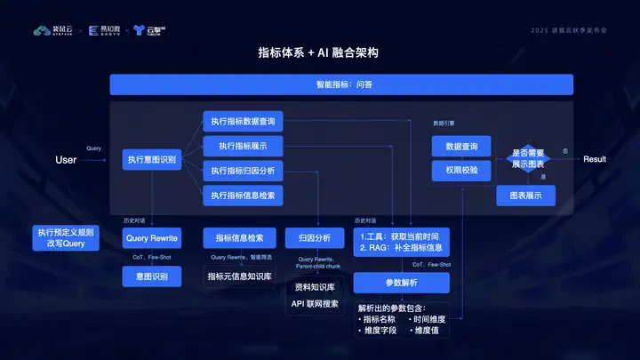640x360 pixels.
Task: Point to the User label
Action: pyautogui.click(x=66, y=160)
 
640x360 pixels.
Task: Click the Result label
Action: pyautogui.click(x=595, y=159)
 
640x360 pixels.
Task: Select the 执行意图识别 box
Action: pyautogui.click(x=152, y=160)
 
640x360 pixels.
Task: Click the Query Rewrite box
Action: pyautogui.click(x=152, y=238)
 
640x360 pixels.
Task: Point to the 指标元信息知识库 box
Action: pyautogui.click(x=239, y=276)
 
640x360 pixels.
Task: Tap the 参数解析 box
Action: pyautogui.click(x=402, y=283)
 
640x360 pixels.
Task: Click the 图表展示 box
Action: pyautogui.click(x=526, y=196)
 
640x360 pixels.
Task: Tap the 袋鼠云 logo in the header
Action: pyautogui.click(x=52, y=30)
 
